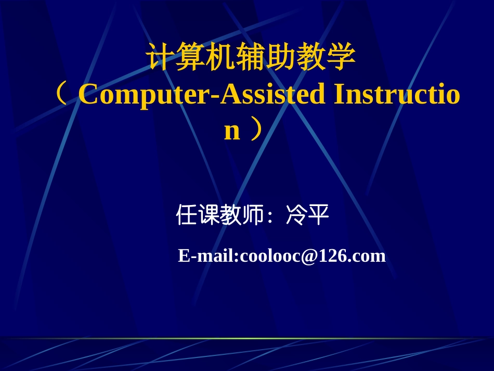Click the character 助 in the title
(281, 57)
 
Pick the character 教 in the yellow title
(311, 57)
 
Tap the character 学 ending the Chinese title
(341, 57)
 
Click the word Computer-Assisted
(202, 95)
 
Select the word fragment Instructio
(396, 95)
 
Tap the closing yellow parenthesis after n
(256, 130)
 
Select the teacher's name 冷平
(307, 215)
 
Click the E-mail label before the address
(207, 256)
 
